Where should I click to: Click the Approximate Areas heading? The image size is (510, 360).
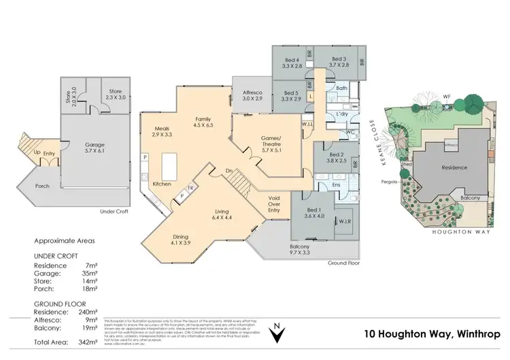[65, 241]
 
